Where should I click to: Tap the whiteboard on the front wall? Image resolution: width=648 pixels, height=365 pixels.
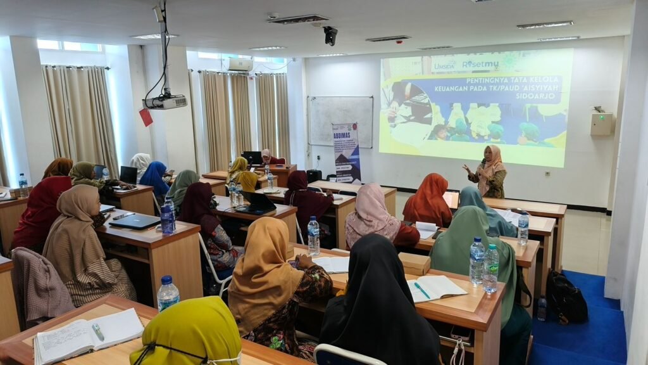tap(340, 120)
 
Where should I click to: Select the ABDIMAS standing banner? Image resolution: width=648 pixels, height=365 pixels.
tap(347, 153)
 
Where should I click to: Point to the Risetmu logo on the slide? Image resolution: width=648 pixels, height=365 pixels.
tap(480, 65)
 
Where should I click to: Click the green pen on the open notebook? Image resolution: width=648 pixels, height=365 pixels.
tap(422, 290)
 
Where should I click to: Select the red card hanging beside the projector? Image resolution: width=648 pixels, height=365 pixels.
tap(146, 117)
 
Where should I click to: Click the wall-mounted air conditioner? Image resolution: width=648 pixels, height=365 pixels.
tap(240, 65)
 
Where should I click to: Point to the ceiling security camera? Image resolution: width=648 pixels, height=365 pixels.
tap(330, 35)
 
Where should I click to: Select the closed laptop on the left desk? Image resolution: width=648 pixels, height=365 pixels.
tap(134, 221)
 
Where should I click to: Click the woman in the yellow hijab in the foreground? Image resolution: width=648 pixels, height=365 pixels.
tap(187, 333)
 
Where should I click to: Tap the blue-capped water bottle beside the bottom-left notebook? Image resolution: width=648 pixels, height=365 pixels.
tap(167, 293)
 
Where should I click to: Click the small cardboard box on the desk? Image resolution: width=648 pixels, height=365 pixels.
tap(414, 264)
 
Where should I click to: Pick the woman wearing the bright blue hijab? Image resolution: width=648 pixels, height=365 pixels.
tap(154, 178)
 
